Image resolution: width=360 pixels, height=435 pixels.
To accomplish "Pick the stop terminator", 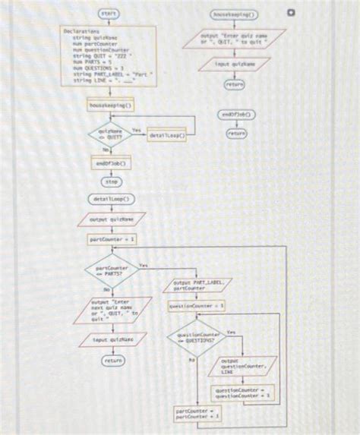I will [112, 182].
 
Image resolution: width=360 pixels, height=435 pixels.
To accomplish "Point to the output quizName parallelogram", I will [112, 219].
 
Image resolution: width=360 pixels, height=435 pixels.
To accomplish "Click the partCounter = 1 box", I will [112, 238].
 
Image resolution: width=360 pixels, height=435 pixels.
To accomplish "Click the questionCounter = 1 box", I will [197, 306].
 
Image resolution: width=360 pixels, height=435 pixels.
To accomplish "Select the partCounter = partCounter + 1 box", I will [195, 415].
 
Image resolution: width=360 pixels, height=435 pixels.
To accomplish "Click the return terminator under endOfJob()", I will [236, 133].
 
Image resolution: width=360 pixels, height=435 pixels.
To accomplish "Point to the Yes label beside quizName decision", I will [137, 130].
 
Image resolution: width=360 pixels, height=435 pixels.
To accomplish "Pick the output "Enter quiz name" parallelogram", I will [236, 39].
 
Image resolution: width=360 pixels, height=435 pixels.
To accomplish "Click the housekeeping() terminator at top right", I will [236, 14].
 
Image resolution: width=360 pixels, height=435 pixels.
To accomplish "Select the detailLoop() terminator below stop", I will [112, 200].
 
